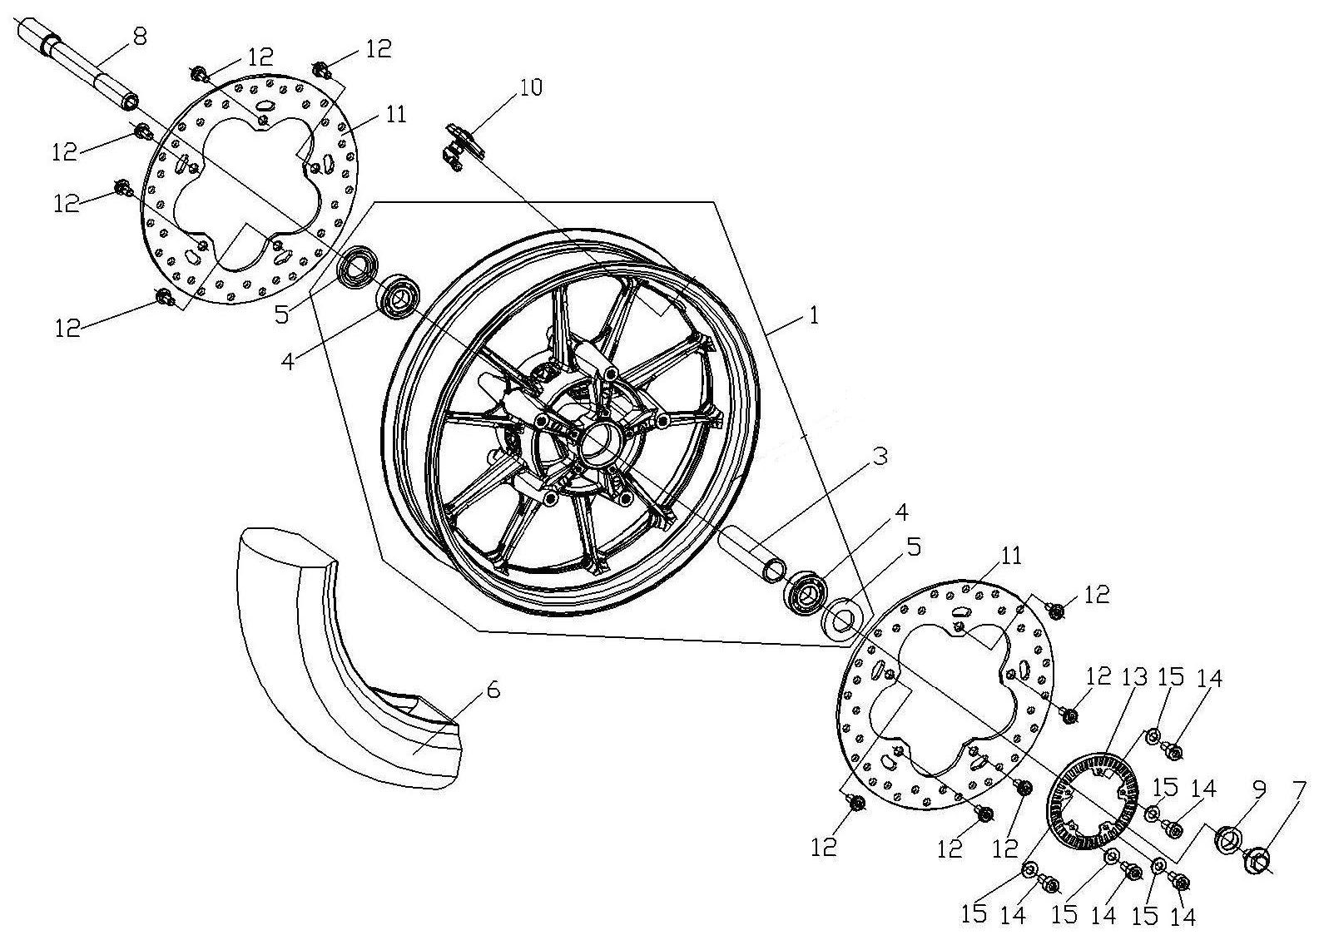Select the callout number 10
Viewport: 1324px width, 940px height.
[530, 88]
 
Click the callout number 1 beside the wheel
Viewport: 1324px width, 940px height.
[814, 315]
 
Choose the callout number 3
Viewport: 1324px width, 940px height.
[880, 457]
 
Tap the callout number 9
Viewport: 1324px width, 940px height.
[1258, 790]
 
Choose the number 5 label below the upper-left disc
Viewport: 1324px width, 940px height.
[282, 315]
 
